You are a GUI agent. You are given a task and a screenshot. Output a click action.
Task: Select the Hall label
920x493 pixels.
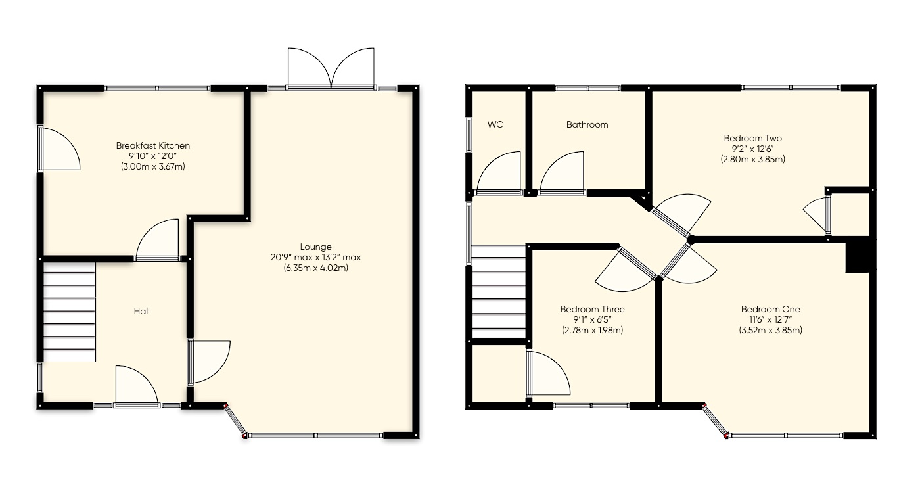[141, 311]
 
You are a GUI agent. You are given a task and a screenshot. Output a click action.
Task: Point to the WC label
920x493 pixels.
[495, 124]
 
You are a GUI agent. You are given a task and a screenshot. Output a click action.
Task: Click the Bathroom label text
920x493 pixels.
[587, 124]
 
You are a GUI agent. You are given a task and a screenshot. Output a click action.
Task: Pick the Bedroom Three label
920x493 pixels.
[592, 309]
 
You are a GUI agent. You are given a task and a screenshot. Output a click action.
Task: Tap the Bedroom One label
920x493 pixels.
[770, 309]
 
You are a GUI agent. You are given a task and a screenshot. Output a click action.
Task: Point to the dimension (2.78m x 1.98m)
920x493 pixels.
[592, 330]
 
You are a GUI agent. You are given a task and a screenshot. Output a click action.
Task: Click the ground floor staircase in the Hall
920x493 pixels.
[69, 312]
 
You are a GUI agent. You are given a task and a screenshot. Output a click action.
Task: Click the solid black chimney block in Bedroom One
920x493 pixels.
[857, 256]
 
